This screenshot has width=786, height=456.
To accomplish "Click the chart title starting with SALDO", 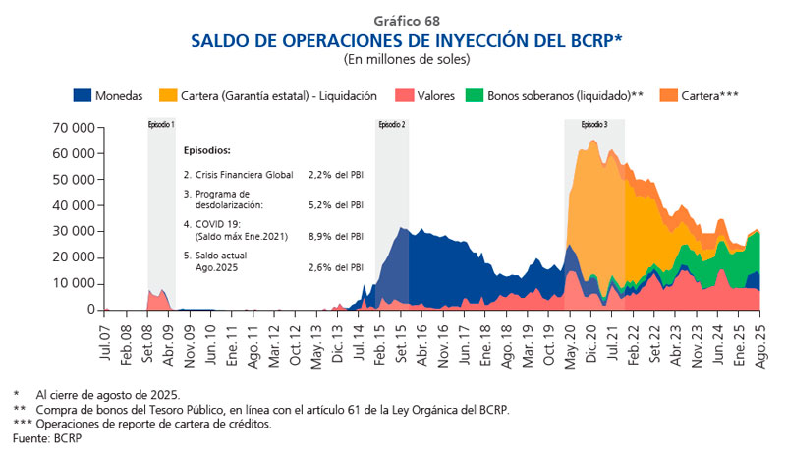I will pyautogui.click(x=407, y=40).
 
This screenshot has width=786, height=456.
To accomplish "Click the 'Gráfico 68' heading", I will pyautogui.click(x=407, y=21).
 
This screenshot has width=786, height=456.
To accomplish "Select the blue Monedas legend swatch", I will pyautogui.click(x=83, y=95).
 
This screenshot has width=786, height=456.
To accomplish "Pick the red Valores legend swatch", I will pyautogui.click(x=405, y=95).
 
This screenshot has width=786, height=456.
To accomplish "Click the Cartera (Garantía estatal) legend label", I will pyautogui.click(x=278, y=95).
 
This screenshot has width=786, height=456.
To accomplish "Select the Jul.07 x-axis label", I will pyautogui.click(x=105, y=334).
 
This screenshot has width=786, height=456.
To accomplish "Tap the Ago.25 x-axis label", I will pyautogui.click(x=758, y=334).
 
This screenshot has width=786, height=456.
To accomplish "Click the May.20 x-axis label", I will pyautogui.click(x=570, y=334).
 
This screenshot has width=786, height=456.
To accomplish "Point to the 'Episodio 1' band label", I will pyautogui.click(x=161, y=125).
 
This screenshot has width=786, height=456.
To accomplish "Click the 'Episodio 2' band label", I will pyautogui.click(x=391, y=125).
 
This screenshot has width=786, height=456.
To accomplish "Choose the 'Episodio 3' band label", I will pyautogui.click(x=593, y=125).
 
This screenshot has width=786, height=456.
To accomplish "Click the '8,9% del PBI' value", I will pyautogui.click(x=335, y=236).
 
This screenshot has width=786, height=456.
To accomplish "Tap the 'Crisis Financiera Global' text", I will pyautogui.click(x=239, y=174).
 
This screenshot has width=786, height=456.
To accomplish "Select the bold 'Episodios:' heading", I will pyautogui.click(x=206, y=151).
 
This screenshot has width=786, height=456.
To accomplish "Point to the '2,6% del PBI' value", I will pyautogui.click(x=335, y=267).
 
